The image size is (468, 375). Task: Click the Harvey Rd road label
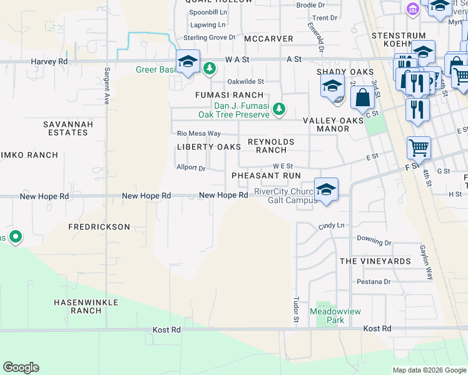(49, 62)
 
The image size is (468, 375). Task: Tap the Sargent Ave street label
(108, 86)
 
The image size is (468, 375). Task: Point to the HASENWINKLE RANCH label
(78, 306)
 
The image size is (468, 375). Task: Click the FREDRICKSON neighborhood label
(99, 227)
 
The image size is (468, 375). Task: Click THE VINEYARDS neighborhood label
(375, 261)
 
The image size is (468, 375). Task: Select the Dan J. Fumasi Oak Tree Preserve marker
(279, 109)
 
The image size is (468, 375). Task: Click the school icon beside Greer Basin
(187, 62)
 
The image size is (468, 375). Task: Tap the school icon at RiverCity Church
(326, 189)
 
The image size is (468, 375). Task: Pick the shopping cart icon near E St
(419, 148)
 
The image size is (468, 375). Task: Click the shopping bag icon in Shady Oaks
(363, 97)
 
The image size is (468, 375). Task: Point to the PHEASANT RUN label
(267, 176)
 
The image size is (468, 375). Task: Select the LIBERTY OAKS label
(208, 147)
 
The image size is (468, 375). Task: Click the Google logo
(21, 367)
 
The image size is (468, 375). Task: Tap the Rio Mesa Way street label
(199, 134)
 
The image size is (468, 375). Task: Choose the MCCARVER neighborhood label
(268, 39)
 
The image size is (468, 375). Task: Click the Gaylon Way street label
(427, 261)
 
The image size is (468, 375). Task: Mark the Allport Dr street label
(191, 168)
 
